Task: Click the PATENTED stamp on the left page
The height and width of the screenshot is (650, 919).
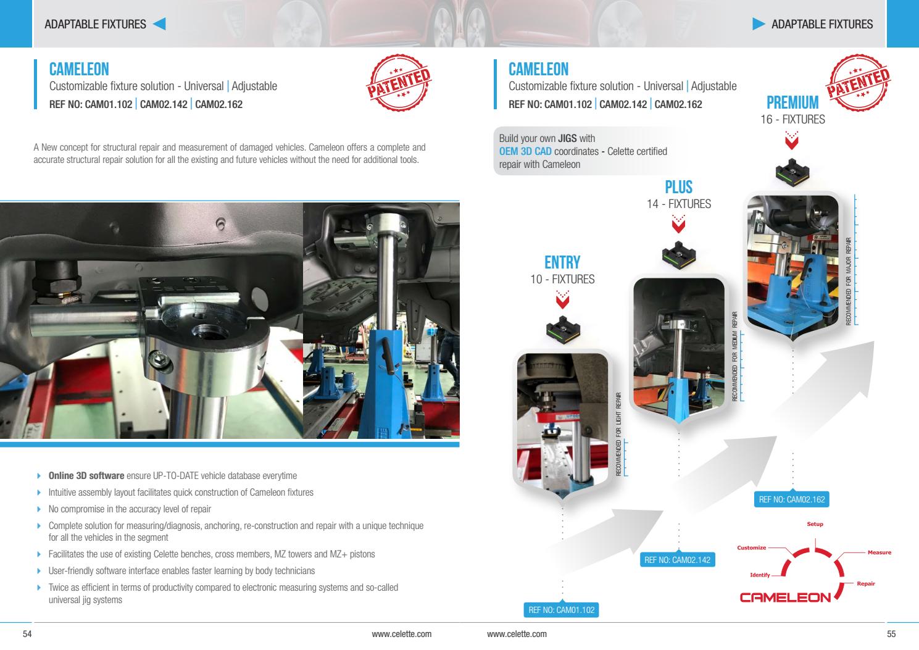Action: [x=398, y=85]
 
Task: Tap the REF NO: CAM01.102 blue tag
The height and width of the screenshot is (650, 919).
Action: [x=562, y=610]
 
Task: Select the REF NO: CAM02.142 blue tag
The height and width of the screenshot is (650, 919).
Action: [x=677, y=560]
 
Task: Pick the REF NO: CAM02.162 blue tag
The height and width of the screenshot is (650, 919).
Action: [x=792, y=499]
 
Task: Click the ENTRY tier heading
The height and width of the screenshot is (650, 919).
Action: [x=562, y=262]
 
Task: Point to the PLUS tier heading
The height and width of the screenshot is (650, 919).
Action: [x=678, y=187]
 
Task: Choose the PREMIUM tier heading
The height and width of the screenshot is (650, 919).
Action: [x=792, y=102]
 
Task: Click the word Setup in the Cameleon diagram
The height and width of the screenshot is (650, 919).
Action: [x=815, y=524]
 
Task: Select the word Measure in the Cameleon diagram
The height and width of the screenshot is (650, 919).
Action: [x=879, y=552]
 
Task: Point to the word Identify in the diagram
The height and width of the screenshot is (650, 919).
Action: [x=760, y=575]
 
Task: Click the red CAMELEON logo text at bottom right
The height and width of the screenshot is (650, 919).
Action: [x=785, y=598]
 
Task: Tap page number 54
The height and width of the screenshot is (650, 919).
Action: [x=27, y=634]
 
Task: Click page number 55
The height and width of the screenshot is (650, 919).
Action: [x=891, y=634]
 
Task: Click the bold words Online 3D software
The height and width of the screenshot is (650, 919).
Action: [x=86, y=476]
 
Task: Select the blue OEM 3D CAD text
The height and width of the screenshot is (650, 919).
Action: [x=525, y=151]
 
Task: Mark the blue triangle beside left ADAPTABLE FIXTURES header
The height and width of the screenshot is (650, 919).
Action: [x=159, y=24]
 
